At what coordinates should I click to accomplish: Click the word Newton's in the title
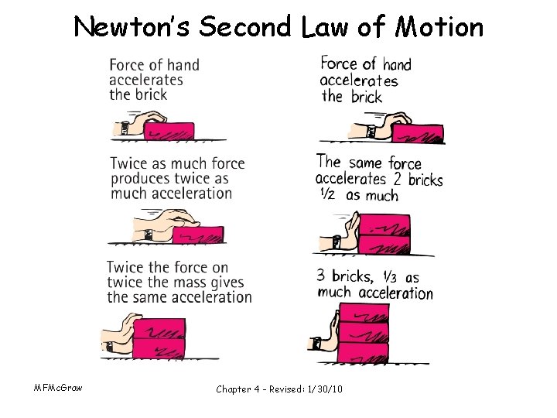(132, 28)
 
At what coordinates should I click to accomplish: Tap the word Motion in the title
(439, 28)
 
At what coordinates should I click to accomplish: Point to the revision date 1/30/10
(323, 388)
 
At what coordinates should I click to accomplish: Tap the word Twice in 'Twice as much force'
(129, 164)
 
